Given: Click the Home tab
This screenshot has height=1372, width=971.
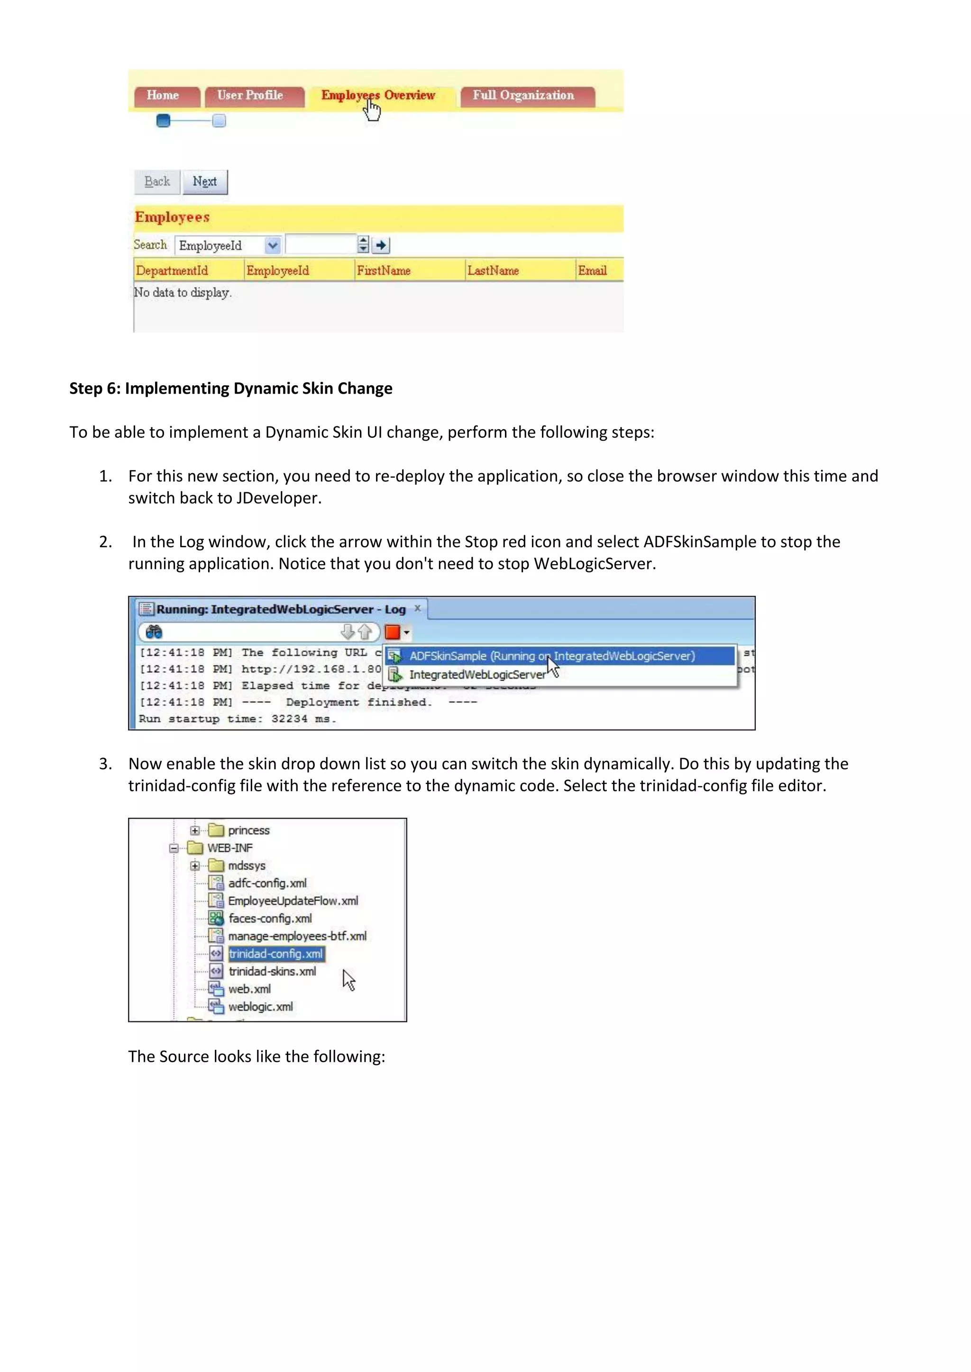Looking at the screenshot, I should click(x=163, y=96).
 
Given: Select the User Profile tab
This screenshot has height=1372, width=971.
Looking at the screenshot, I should click(x=250, y=96).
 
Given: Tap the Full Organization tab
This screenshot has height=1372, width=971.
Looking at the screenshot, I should click(x=524, y=96).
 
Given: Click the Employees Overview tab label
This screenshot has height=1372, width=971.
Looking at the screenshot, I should click(x=378, y=96).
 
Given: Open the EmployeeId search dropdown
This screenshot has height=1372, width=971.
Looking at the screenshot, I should click(x=273, y=245).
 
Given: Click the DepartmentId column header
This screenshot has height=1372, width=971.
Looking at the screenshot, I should click(x=172, y=271).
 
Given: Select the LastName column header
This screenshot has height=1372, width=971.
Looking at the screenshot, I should click(x=493, y=271).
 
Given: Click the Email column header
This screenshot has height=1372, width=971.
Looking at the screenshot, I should click(x=593, y=271).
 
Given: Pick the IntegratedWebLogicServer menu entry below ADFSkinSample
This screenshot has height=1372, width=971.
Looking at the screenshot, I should click(x=477, y=675).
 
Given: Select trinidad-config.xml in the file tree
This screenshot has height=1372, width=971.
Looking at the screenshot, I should click(x=275, y=954).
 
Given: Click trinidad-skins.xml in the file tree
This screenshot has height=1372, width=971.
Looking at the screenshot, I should click(x=272, y=972).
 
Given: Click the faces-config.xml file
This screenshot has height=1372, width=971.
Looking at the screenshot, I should click(x=270, y=919).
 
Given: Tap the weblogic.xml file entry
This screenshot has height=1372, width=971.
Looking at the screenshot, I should click(x=261, y=1007).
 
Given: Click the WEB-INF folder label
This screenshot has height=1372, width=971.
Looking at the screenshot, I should click(x=230, y=848).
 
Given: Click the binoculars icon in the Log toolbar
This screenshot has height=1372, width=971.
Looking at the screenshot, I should click(x=154, y=632).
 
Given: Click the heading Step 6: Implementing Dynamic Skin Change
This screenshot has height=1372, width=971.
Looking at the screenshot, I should click(x=231, y=388).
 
